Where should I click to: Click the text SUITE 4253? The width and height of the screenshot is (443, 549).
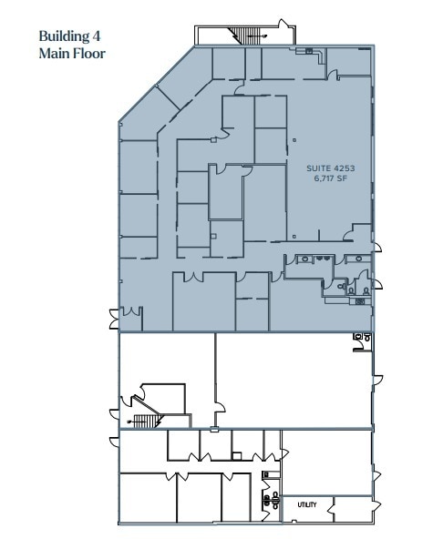[331, 168]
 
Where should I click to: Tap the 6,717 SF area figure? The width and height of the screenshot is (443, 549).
[331, 179]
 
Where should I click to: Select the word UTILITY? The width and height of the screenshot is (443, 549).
[306, 504]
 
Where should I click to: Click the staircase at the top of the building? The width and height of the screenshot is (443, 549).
[244, 36]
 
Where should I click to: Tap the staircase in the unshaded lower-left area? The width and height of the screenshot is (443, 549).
[144, 420]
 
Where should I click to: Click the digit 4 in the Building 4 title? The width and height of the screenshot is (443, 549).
[97, 37]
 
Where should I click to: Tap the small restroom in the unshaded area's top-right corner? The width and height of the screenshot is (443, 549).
[363, 339]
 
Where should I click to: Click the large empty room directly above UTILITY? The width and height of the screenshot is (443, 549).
[325, 462]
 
